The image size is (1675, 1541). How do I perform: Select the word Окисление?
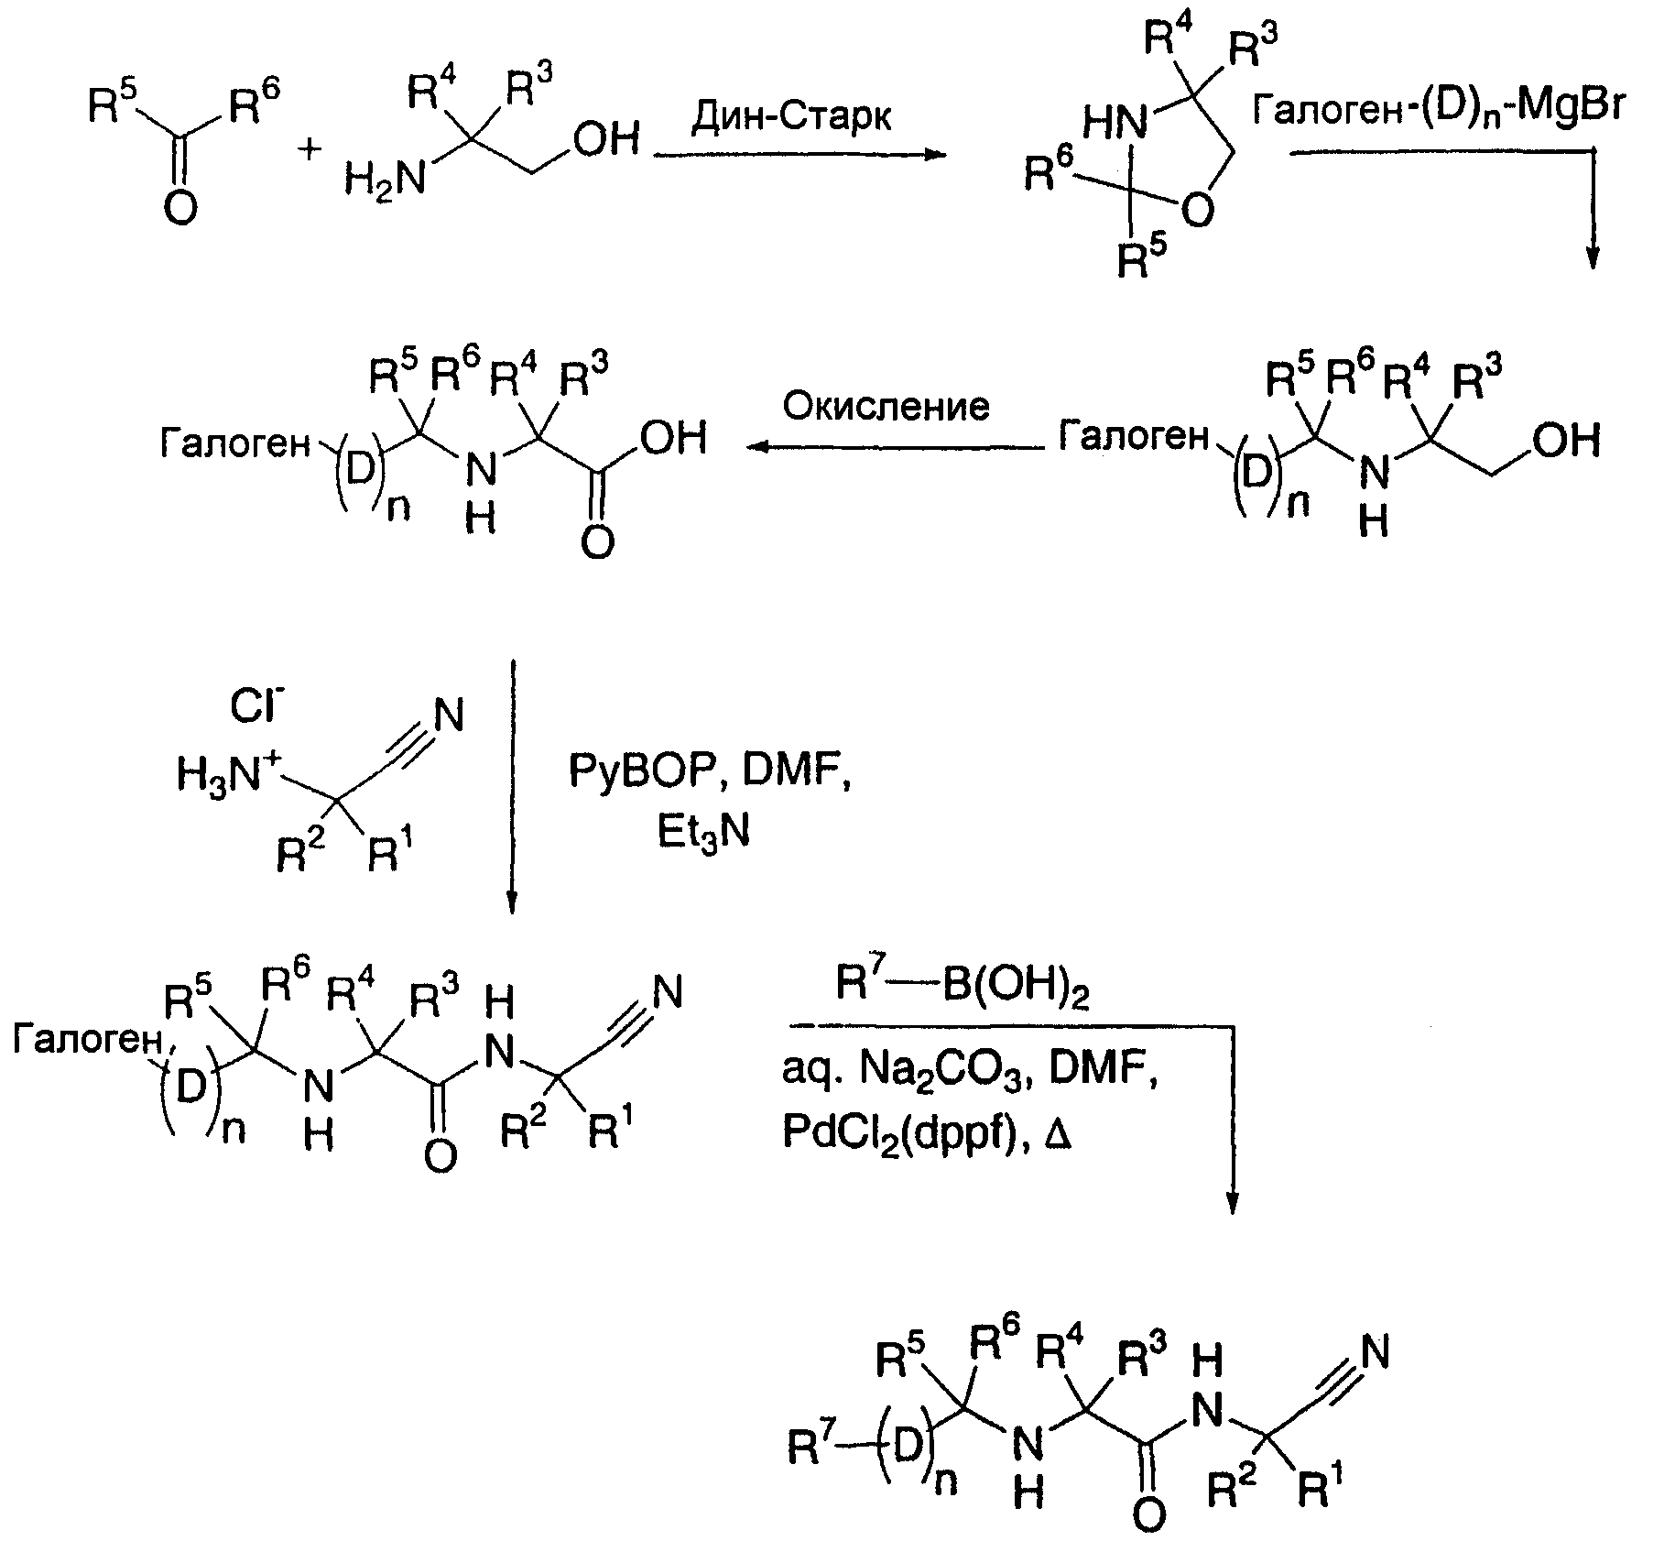pyautogui.click(x=886, y=405)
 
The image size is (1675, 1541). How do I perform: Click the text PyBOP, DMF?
pyautogui.click(x=710, y=772)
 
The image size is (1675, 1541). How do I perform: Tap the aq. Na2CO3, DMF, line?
pyautogui.click(x=970, y=1072)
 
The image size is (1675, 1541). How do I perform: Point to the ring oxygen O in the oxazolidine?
pyautogui.click(x=1197, y=210)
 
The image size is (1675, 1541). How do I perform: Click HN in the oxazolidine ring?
pyautogui.click(x=1115, y=121)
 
